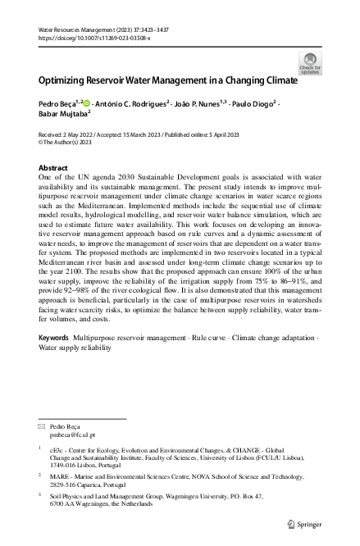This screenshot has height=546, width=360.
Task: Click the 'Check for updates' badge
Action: coord(311,62)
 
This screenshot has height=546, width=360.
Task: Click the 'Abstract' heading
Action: coord(54,166)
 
